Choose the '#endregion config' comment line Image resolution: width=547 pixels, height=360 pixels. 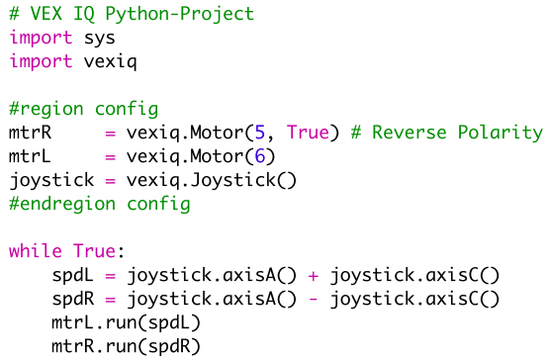click(x=100, y=204)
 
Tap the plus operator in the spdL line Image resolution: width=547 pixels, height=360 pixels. click(x=313, y=275)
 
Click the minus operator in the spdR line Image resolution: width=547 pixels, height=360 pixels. click(x=313, y=299)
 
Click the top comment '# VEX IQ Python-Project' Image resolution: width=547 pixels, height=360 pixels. click(x=132, y=14)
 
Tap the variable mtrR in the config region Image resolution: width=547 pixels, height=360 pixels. click(x=31, y=133)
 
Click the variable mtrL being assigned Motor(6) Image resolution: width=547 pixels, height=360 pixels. click(x=31, y=156)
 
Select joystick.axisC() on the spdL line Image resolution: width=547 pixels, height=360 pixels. click(x=415, y=275)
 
